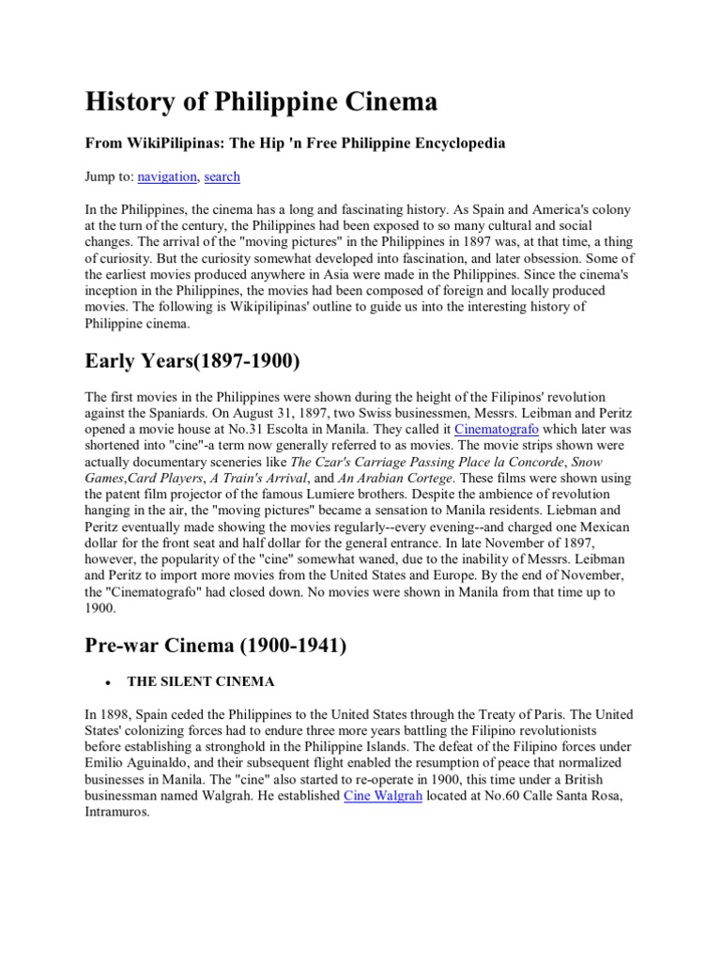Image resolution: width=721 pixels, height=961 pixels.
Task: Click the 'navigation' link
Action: pyautogui.click(x=167, y=176)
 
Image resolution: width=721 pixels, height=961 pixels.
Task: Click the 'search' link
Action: pyautogui.click(x=222, y=176)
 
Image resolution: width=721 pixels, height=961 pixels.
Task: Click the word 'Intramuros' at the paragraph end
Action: pyautogui.click(x=120, y=813)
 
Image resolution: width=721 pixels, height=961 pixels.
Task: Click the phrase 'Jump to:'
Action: pyautogui.click(x=109, y=176)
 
